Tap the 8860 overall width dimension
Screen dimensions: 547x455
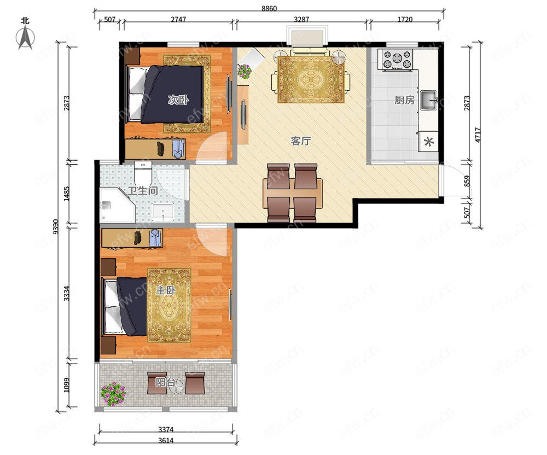pyautogui.click(x=269, y=8)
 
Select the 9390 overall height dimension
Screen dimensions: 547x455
pyautogui.click(x=56, y=226)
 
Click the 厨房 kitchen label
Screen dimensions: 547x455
pyautogui.click(x=404, y=100)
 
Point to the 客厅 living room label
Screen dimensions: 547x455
pyautogui.click(x=300, y=141)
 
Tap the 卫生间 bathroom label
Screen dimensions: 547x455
pyautogui.click(x=142, y=190)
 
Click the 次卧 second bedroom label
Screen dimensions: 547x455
pyautogui.click(x=178, y=100)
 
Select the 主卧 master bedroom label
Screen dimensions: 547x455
pyautogui.click(x=165, y=290)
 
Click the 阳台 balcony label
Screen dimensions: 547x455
pyautogui.click(x=165, y=382)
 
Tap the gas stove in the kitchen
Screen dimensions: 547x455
pyautogui.click(x=397, y=59)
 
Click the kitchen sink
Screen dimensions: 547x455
pyautogui.click(x=428, y=100)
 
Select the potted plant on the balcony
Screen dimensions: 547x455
pyautogui.click(x=113, y=393)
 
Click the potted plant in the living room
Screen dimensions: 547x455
pyautogui.click(x=244, y=71)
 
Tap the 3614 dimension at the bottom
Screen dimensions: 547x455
pyautogui.click(x=166, y=440)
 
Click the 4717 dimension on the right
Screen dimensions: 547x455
pyautogui.click(x=478, y=135)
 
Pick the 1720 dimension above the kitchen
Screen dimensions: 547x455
pyautogui.click(x=405, y=20)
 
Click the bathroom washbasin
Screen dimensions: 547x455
pyautogui.click(x=163, y=212)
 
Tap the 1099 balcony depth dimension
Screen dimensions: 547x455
pyautogui.click(x=67, y=385)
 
